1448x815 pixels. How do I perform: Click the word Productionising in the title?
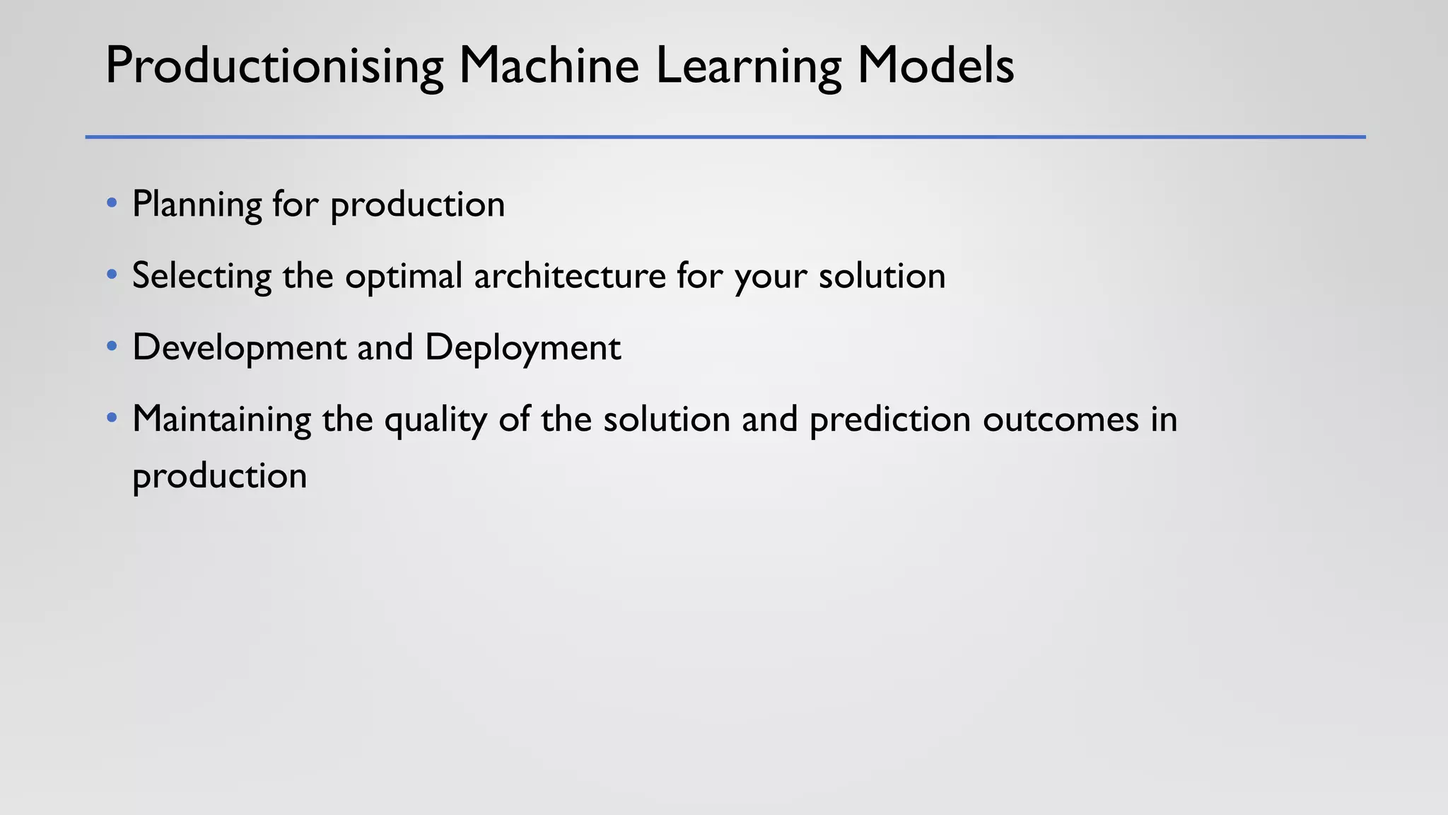(274, 66)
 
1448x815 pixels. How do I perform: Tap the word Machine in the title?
(549, 66)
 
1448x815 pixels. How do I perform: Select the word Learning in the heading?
(749, 66)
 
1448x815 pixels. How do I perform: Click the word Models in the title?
(935, 66)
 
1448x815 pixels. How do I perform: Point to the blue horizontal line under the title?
(725, 137)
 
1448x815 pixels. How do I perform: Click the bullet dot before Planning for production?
(112, 203)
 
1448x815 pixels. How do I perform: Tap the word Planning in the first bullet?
(197, 204)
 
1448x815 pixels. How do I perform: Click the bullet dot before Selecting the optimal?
(112, 274)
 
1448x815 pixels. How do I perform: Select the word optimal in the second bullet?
(403, 276)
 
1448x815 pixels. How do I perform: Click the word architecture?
(569, 276)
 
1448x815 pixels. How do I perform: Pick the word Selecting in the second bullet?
(202, 276)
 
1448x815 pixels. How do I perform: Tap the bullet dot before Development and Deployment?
(112, 347)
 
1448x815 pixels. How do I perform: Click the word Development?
(239, 347)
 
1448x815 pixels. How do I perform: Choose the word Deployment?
(522, 347)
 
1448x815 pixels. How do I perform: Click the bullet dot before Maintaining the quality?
(112, 418)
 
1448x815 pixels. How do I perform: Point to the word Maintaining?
(221, 419)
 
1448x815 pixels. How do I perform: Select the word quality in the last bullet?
(435, 420)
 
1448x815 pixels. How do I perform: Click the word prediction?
(889, 420)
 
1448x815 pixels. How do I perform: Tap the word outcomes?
(1061, 420)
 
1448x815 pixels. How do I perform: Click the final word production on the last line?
(219, 476)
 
